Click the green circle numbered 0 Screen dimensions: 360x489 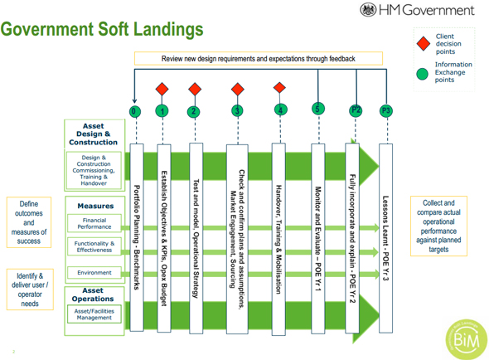coord(135,111)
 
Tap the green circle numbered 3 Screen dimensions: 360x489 coord(238,110)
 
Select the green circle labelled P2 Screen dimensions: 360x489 coord(356,109)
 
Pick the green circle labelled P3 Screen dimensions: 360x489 coord(385,110)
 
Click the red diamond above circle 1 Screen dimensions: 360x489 coord(162,89)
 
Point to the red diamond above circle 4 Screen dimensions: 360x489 coord(279,88)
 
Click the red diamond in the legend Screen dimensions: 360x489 coord(424,41)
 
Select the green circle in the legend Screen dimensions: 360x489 coord(424,73)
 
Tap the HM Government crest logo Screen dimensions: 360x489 coord(367,10)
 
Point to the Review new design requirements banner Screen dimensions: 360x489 coord(258,59)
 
